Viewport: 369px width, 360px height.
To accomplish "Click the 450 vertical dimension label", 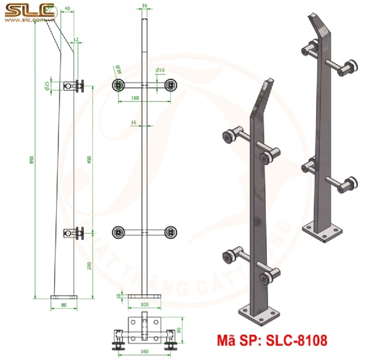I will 91,159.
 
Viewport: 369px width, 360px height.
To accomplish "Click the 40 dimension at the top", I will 66,9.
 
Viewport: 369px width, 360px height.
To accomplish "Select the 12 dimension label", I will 76,39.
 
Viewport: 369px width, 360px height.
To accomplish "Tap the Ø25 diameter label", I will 47,86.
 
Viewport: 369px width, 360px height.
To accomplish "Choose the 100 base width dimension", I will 145,304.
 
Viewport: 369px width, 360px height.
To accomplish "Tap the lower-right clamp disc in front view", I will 170,233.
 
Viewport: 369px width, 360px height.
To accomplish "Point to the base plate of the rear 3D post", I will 323,230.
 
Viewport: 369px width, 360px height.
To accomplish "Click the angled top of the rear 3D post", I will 319,28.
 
